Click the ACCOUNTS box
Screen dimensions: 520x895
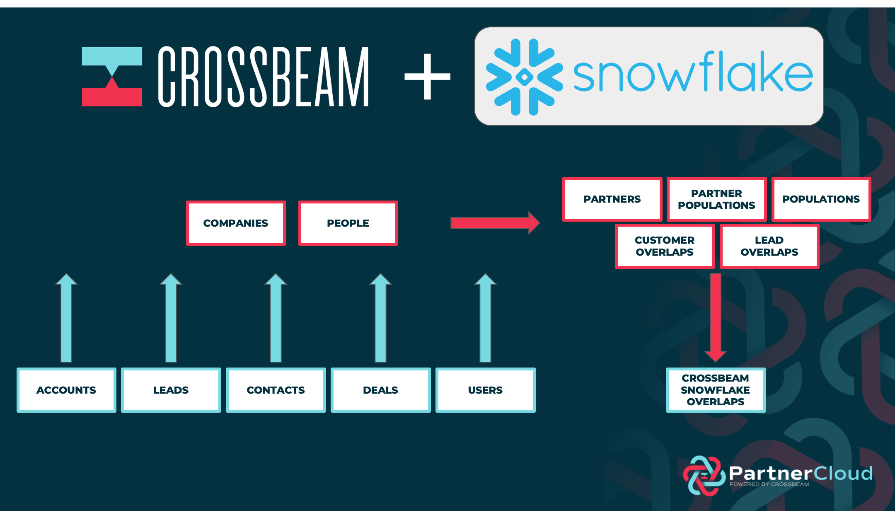[x=66, y=390]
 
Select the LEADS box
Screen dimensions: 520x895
[x=171, y=390]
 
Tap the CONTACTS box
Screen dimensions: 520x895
[x=276, y=390]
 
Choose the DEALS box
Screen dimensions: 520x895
[x=380, y=390]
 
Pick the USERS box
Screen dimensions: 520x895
[x=485, y=390]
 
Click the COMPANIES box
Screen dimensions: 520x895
[x=236, y=223]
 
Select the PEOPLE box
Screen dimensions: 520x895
[x=348, y=223]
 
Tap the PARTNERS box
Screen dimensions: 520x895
[x=612, y=199]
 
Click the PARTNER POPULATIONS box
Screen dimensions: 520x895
[x=716, y=199]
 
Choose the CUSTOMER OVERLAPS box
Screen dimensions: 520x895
[x=665, y=246]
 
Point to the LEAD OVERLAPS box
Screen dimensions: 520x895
[x=769, y=246]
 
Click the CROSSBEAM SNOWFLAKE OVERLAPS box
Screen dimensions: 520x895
[x=716, y=390]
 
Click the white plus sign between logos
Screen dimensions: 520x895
[x=427, y=77]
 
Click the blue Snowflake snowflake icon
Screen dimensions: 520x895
[x=524, y=77]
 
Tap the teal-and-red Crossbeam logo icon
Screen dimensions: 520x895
[x=112, y=77]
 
